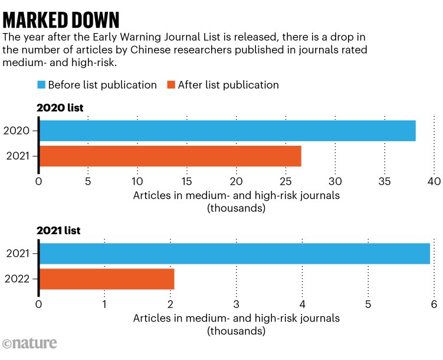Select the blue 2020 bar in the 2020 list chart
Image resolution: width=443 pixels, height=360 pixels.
pos(227,130)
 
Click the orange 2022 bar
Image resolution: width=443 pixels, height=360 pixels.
pos(107,279)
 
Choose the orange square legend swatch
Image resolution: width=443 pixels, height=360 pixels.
pos(171,85)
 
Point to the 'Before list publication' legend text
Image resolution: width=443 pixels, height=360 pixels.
pos(103,85)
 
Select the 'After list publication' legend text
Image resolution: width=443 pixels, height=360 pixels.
pos(229,85)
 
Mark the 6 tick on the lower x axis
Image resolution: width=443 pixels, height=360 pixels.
pos(434,305)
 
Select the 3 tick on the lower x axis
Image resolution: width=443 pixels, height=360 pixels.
pos(237,305)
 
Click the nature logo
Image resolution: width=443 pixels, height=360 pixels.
pos(30,344)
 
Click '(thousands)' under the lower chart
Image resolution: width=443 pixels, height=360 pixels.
pos(236,331)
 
